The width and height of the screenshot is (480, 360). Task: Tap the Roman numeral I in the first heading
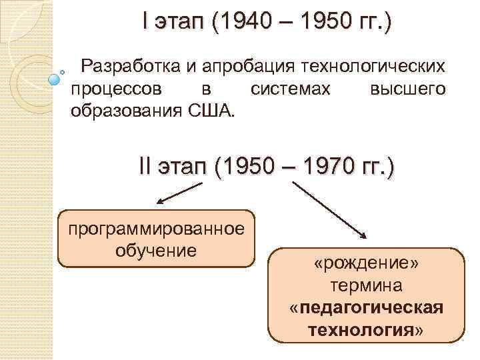145,23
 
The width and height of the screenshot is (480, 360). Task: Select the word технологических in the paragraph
373,67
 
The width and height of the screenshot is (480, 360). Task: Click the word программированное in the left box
157,230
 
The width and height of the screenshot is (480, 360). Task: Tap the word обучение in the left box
157,250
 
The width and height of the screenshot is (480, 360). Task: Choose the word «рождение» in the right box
366,265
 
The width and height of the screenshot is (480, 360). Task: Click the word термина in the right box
366,287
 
